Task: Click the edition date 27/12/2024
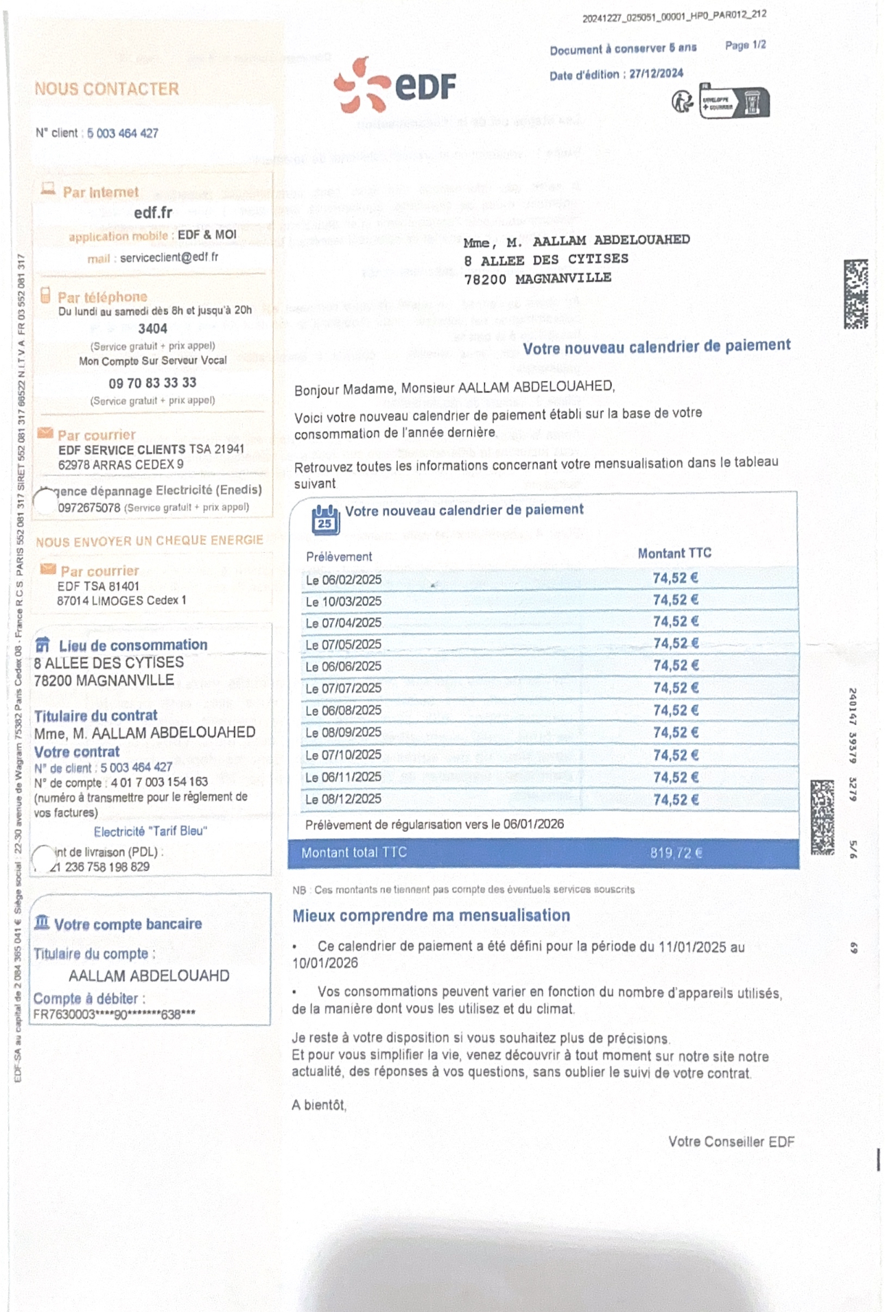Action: pos(656,74)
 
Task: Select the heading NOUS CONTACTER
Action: pos(106,89)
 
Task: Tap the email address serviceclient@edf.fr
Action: pos(169,258)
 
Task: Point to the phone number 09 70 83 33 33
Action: pos(152,383)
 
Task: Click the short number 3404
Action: pos(152,329)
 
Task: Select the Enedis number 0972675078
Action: pos(88,508)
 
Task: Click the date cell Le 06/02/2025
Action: pos(343,580)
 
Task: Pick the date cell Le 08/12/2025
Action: pos(343,800)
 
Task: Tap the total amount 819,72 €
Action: pos(676,853)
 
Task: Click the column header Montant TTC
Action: pos(674,553)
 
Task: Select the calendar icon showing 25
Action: pos(325,520)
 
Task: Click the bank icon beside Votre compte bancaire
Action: pos(42,922)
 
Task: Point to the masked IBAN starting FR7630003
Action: pos(114,1014)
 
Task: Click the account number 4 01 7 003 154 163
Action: pos(159,783)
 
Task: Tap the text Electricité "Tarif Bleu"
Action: pos(150,831)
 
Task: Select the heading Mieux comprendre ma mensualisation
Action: pos(431,916)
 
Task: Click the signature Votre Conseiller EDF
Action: pos(731,1142)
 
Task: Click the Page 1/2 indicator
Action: pos(745,45)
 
